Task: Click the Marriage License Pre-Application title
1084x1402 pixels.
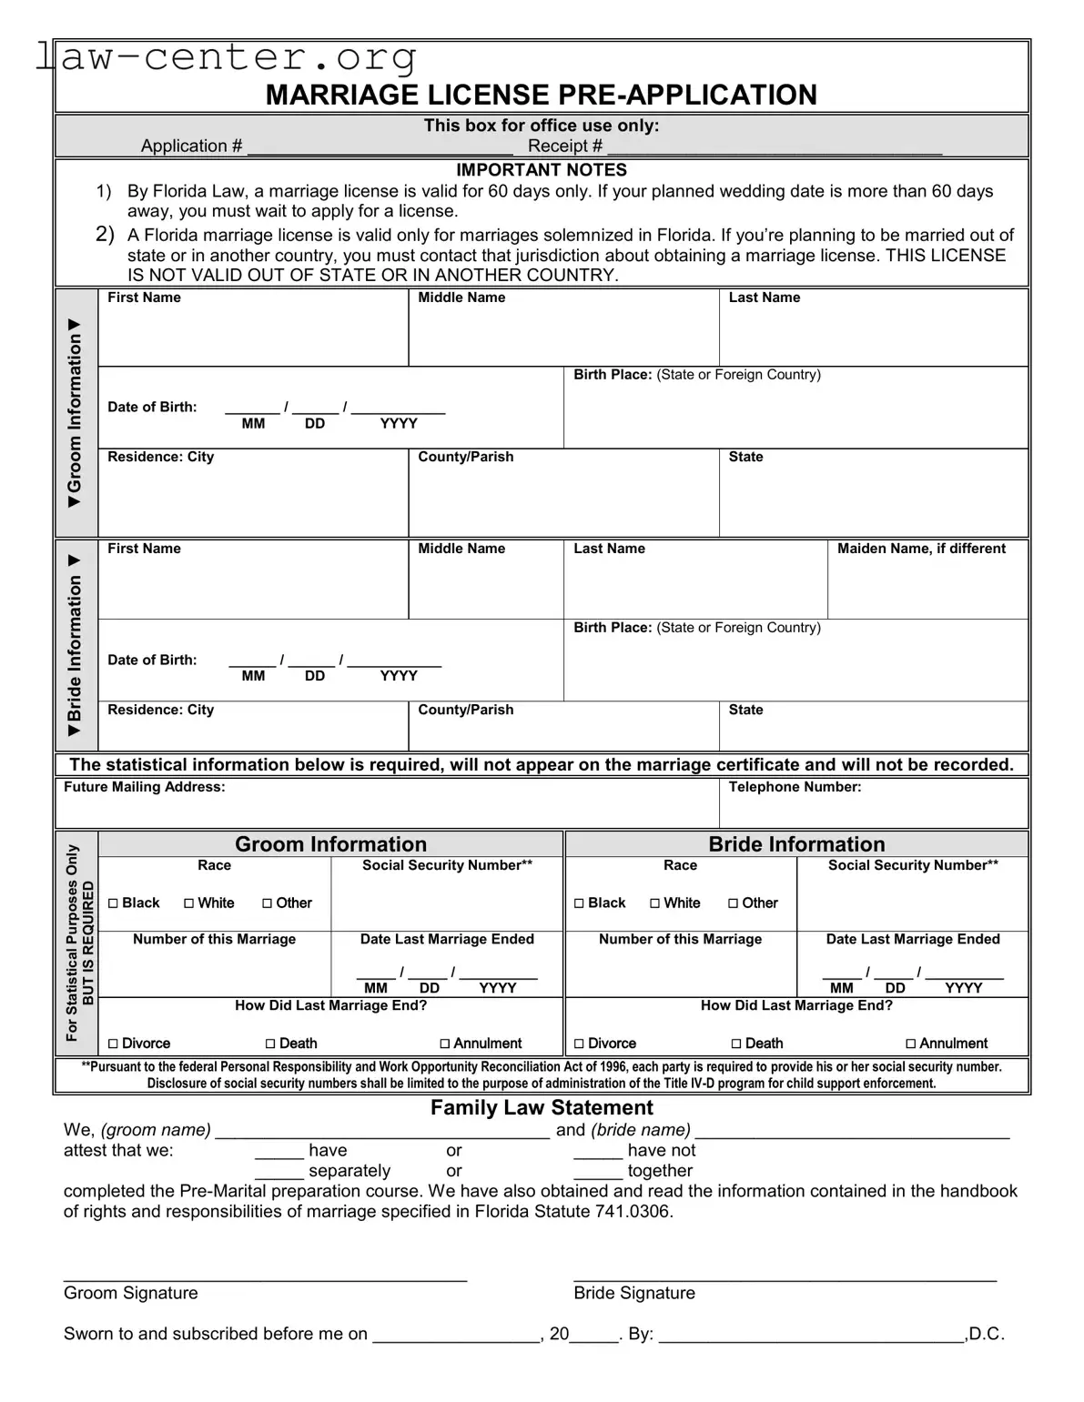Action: click(x=541, y=95)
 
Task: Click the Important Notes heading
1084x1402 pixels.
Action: click(x=541, y=170)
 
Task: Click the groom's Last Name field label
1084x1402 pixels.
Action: click(x=764, y=298)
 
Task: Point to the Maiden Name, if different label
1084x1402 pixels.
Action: click(x=921, y=549)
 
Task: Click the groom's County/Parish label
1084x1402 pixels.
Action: click(x=465, y=457)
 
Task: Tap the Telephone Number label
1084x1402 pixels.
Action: click(x=795, y=787)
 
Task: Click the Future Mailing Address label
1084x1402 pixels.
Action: click(x=144, y=787)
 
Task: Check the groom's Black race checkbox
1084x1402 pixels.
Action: click(x=114, y=903)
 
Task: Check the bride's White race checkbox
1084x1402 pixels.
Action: click(x=655, y=903)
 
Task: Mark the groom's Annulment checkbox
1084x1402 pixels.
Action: click(x=445, y=1044)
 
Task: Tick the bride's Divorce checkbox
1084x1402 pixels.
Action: click(x=580, y=1044)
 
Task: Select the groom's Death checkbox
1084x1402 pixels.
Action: click(x=270, y=1044)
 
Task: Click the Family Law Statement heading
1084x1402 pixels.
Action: click(x=541, y=1107)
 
